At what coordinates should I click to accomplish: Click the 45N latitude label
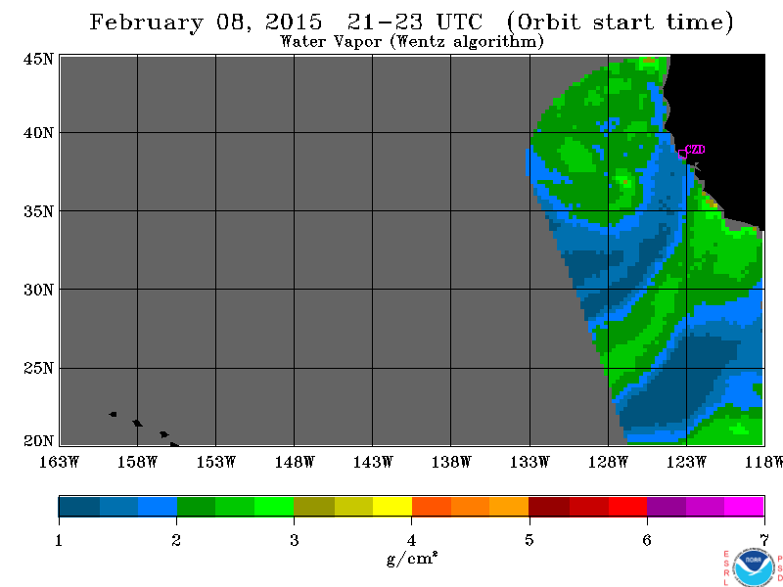pos(38,59)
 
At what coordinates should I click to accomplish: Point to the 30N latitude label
pos(38,290)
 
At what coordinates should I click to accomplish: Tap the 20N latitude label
pos(38,441)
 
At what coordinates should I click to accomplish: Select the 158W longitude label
pos(137,462)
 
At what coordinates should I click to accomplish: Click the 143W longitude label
pos(373,462)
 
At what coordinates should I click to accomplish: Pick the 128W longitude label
pos(608,462)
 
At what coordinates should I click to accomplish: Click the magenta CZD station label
pos(695,150)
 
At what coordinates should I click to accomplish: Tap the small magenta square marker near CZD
pos(682,155)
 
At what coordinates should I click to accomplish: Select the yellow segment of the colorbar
pos(392,507)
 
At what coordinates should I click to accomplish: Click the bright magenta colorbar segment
pos(744,507)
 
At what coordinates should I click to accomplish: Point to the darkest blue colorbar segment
pos(79,507)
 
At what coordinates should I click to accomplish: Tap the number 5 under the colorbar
pos(529,540)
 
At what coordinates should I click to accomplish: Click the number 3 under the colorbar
pos(295,540)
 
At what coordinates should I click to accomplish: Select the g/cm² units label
pos(412,559)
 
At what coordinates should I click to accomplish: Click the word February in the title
pos(146,23)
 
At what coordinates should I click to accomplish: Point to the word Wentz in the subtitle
pos(422,41)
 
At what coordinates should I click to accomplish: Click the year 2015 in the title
pos(294,22)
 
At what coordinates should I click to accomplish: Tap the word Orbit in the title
pos(548,22)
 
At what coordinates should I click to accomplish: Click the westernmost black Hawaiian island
pos(113,414)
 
